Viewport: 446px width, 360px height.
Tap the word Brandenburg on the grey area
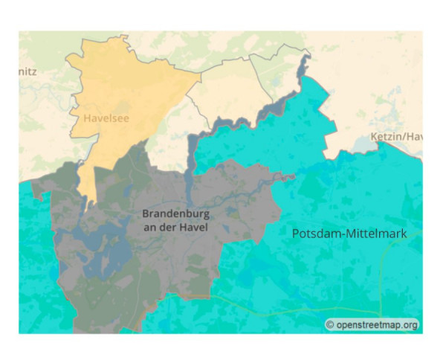[x=173, y=213]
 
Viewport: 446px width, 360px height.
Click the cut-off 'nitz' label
[x=28, y=71]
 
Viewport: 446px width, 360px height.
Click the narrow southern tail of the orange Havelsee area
[x=88, y=186]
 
